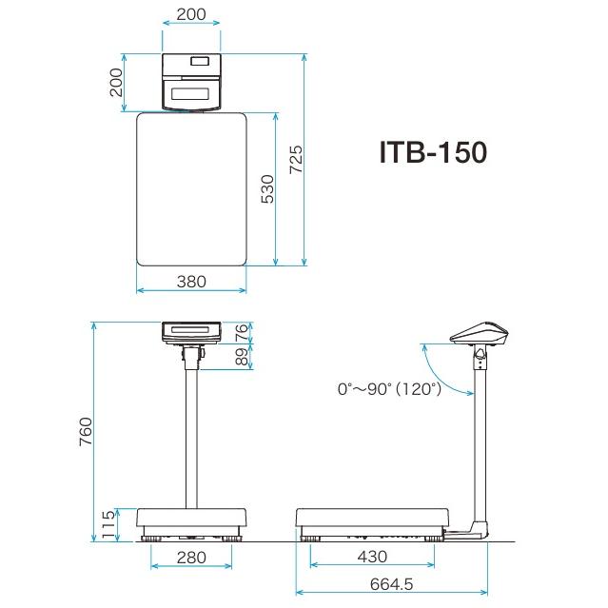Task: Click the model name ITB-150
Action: [x=433, y=152]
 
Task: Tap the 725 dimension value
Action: [x=296, y=159]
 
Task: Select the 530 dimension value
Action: [x=267, y=188]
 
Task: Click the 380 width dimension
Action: [x=191, y=282]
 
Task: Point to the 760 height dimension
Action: [x=86, y=432]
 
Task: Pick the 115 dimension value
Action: [x=108, y=524]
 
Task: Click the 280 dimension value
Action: [x=191, y=558]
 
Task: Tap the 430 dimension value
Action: [x=372, y=557]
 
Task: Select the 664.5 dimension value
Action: [x=392, y=584]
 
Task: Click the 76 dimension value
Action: [x=241, y=332]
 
